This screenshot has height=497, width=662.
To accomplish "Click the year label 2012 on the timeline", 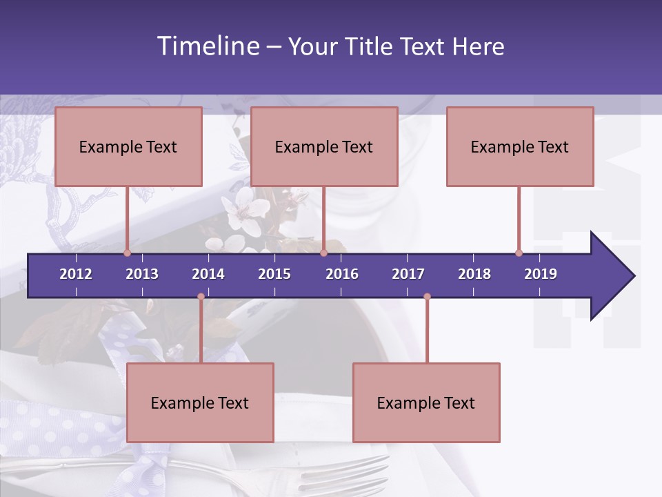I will [76, 274].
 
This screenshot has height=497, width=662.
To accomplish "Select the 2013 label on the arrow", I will [142, 274].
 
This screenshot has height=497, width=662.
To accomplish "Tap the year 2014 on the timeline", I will [208, 274].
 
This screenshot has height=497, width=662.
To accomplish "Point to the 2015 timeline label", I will [274, 274].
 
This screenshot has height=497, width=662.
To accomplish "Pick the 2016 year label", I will [342, 274].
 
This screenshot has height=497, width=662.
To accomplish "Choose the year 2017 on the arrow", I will [408, 274].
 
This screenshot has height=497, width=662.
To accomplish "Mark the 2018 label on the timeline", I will [474, 274].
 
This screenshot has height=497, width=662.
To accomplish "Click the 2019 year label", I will [541, 274].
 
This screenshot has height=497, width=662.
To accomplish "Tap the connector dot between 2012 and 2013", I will [127, 253].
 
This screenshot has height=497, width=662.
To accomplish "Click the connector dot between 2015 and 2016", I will [323, 253].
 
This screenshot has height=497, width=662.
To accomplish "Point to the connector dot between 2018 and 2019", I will [519, 253].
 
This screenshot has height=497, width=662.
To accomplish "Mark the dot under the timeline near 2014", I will [201, 296].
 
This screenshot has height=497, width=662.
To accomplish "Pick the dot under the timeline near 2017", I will [427, 296].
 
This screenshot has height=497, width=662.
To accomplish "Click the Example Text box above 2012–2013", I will [128, 146].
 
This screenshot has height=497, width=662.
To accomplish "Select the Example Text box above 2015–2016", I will [324, 146].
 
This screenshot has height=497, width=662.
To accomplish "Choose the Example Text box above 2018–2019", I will [520, 146].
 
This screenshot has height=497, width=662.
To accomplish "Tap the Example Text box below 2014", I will [200, 402].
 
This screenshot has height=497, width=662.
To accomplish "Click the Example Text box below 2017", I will [426, 402].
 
